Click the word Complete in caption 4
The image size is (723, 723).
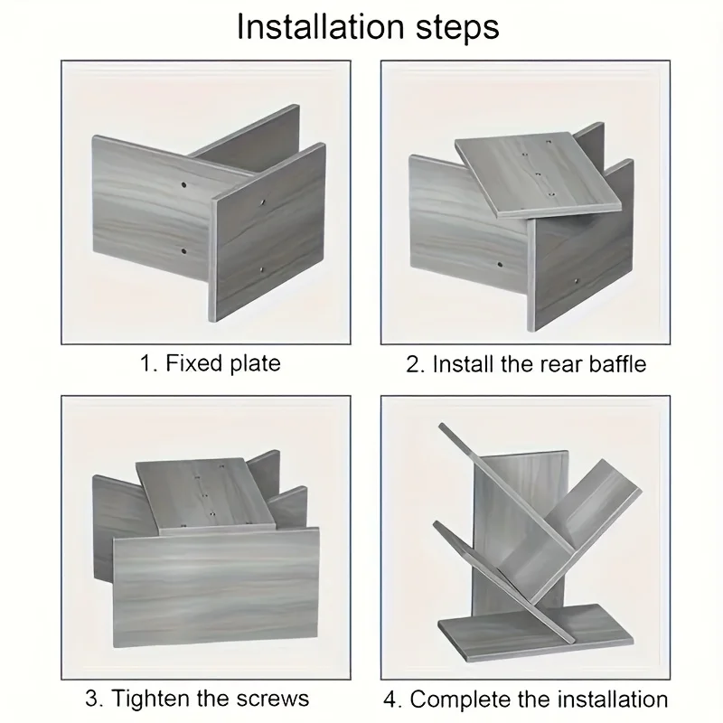(x=461, y=699)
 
